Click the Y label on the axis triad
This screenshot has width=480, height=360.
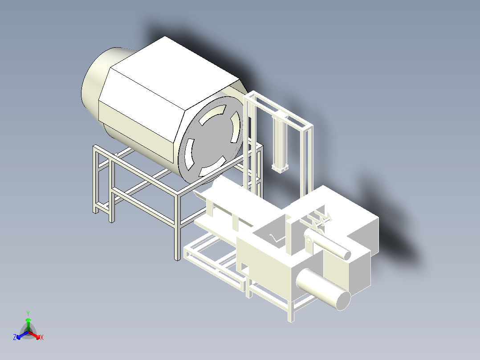[28, 313]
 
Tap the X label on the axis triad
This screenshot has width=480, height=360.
[42, 337]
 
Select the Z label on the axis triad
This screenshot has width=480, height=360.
[15, 337]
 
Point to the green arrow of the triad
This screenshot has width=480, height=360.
[28, 325]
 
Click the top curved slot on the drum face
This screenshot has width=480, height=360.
[212, 114]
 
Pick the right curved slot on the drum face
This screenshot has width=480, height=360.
[235, 127]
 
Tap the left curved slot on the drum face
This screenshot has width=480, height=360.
[189, 155]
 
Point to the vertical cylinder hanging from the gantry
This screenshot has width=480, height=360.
[280, 143]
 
